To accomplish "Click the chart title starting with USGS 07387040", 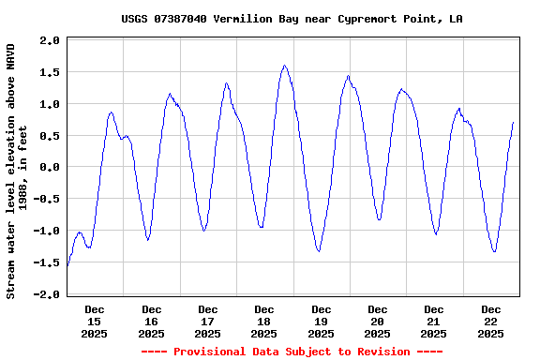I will pyautogui.click(x=292, y=19).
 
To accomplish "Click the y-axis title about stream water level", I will pyautogui.click(x=17, y=171).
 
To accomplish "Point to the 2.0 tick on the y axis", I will pyautogui.click(x=50, y=40).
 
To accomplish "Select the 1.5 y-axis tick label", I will pyautogui.click(x=50, y=72).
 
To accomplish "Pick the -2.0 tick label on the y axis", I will pyautogui.click(x=47, y=294).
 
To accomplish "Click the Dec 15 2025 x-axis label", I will pyautogui.click(x=95, y=321).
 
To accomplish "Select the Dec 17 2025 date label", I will pyautogui.click(x=208, y=321).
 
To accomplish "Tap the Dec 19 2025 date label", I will pyautogui.click(x=321, y=321).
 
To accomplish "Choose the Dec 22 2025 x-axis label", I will pyautogui.click(x=490, y=321).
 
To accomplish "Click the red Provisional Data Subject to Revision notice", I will pyautogui.click(x=292, y=352).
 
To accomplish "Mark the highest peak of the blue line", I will pyautogui.click(x=284, y=66).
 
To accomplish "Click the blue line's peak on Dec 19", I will pyautogui.click(x=348, y=76).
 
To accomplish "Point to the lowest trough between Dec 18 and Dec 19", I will pyautogui.click(x=319, y=251).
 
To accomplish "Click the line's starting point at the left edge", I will pyautogui.click(x=67, y=266).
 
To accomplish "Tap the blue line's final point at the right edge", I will pyautogui.click(x=514, y=123).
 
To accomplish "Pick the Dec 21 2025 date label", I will pyautogui.click(x=433, y=321).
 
